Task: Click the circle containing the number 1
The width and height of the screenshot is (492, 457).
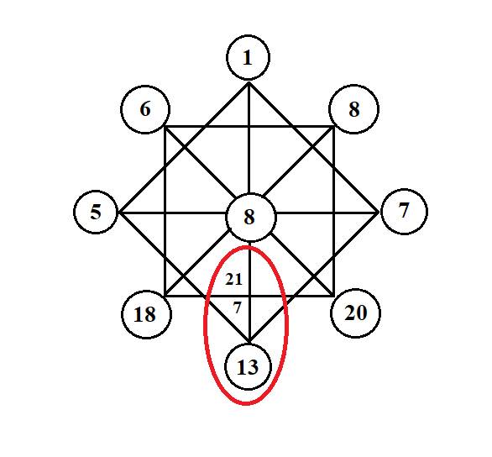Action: (248, 57)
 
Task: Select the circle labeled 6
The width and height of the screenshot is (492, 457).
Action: (145, 109)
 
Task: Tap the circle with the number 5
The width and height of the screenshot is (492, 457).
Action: (96, 212)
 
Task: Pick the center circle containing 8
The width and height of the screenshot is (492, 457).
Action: (251, 218)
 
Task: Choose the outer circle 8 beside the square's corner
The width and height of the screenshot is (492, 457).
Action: (353, 109)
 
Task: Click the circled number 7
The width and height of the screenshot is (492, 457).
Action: (404, 211)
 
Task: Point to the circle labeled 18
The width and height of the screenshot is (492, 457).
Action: (146, 314)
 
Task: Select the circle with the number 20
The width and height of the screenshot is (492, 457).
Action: (355, 313)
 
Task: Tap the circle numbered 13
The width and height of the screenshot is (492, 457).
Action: (248, 366)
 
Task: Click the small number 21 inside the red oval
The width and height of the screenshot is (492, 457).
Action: (234, 280)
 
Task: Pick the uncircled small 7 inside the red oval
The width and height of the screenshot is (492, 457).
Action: (238, 307)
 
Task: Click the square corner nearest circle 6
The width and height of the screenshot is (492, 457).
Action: (165, 127)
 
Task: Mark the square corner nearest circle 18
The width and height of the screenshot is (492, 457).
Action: (165, 296)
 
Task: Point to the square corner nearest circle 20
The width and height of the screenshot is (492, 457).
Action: (334, 296)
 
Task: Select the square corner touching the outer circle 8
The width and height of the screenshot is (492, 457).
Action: (334, 127)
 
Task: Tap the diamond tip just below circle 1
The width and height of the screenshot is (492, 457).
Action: (249, 83)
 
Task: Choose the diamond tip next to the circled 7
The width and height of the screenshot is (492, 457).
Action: (378, 213)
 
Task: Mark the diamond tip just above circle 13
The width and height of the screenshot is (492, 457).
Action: (249, 342)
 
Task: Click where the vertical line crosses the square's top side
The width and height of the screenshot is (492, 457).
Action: (249, 127)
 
